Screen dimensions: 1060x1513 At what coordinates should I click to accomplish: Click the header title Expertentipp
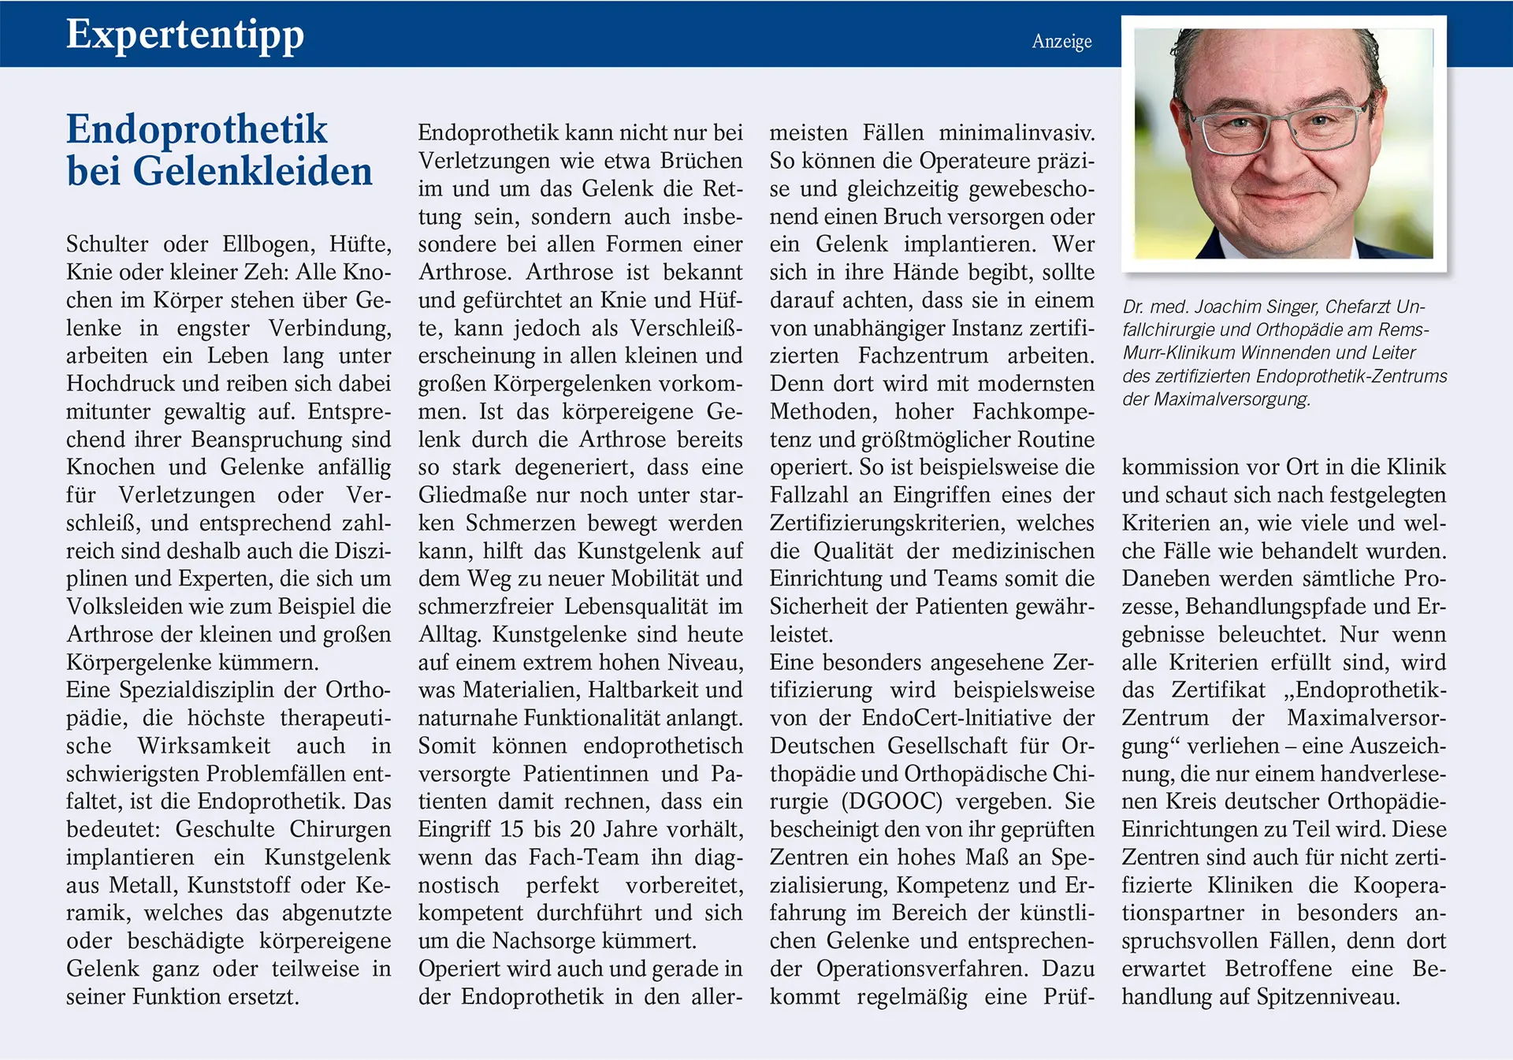[x=184, y=35]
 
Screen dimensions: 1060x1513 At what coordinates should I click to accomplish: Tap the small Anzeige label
[x=1061, y=42]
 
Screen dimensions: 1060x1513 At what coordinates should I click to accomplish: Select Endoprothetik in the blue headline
[x=196, y=129]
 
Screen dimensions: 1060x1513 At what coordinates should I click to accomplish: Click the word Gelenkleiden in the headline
[x=252, y=172]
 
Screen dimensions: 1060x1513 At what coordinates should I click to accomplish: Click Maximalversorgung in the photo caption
[x=1231, y=399]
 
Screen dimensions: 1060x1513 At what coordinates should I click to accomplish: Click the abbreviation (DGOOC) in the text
[x=891, y=802]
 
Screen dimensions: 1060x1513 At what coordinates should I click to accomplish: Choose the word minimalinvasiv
[x=1017, y=132]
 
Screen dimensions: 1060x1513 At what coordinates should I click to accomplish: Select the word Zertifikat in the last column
[x=1217, y=690]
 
